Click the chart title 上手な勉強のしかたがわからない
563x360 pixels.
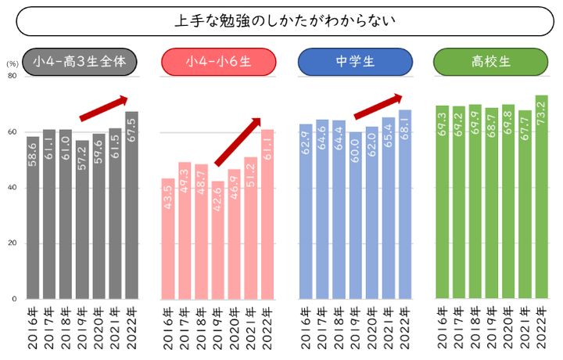tap(285, 20)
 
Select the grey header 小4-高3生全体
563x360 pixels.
tap(81, 62)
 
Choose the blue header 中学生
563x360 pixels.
tap(356, 62)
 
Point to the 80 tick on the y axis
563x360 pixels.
tap(12, 76)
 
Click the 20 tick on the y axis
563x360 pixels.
tap(12, 243)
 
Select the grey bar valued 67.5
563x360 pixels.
tap(131, 205)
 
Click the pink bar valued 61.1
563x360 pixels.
tap(267, 214)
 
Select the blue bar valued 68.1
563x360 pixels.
tap(403, 204)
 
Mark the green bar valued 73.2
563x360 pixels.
tap(541, 197)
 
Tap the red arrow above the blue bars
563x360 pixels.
tap(378, 106)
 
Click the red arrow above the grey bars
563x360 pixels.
tap(103, 108)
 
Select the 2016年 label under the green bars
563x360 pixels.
tap(443, 329)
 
